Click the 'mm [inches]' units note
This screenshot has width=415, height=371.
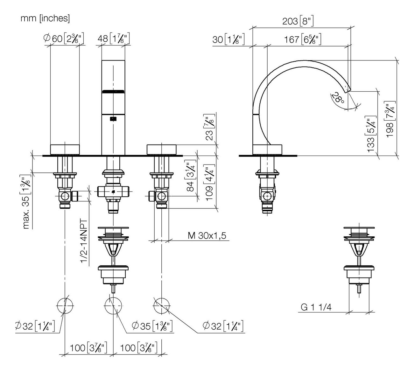pos(45,18)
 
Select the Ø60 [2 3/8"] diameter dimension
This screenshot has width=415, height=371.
pos(64,39)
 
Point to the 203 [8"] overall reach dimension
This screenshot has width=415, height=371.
pos(298,21)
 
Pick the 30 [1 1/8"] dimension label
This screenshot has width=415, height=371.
pos(228,39)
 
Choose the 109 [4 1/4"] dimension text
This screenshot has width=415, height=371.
pos(209,184)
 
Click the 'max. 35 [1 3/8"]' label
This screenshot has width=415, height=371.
pos(27,201)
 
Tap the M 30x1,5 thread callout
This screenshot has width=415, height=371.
pos(207,236)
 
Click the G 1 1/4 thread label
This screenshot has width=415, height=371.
pos(316,307)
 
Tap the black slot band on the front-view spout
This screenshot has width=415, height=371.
pos(113,92)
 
